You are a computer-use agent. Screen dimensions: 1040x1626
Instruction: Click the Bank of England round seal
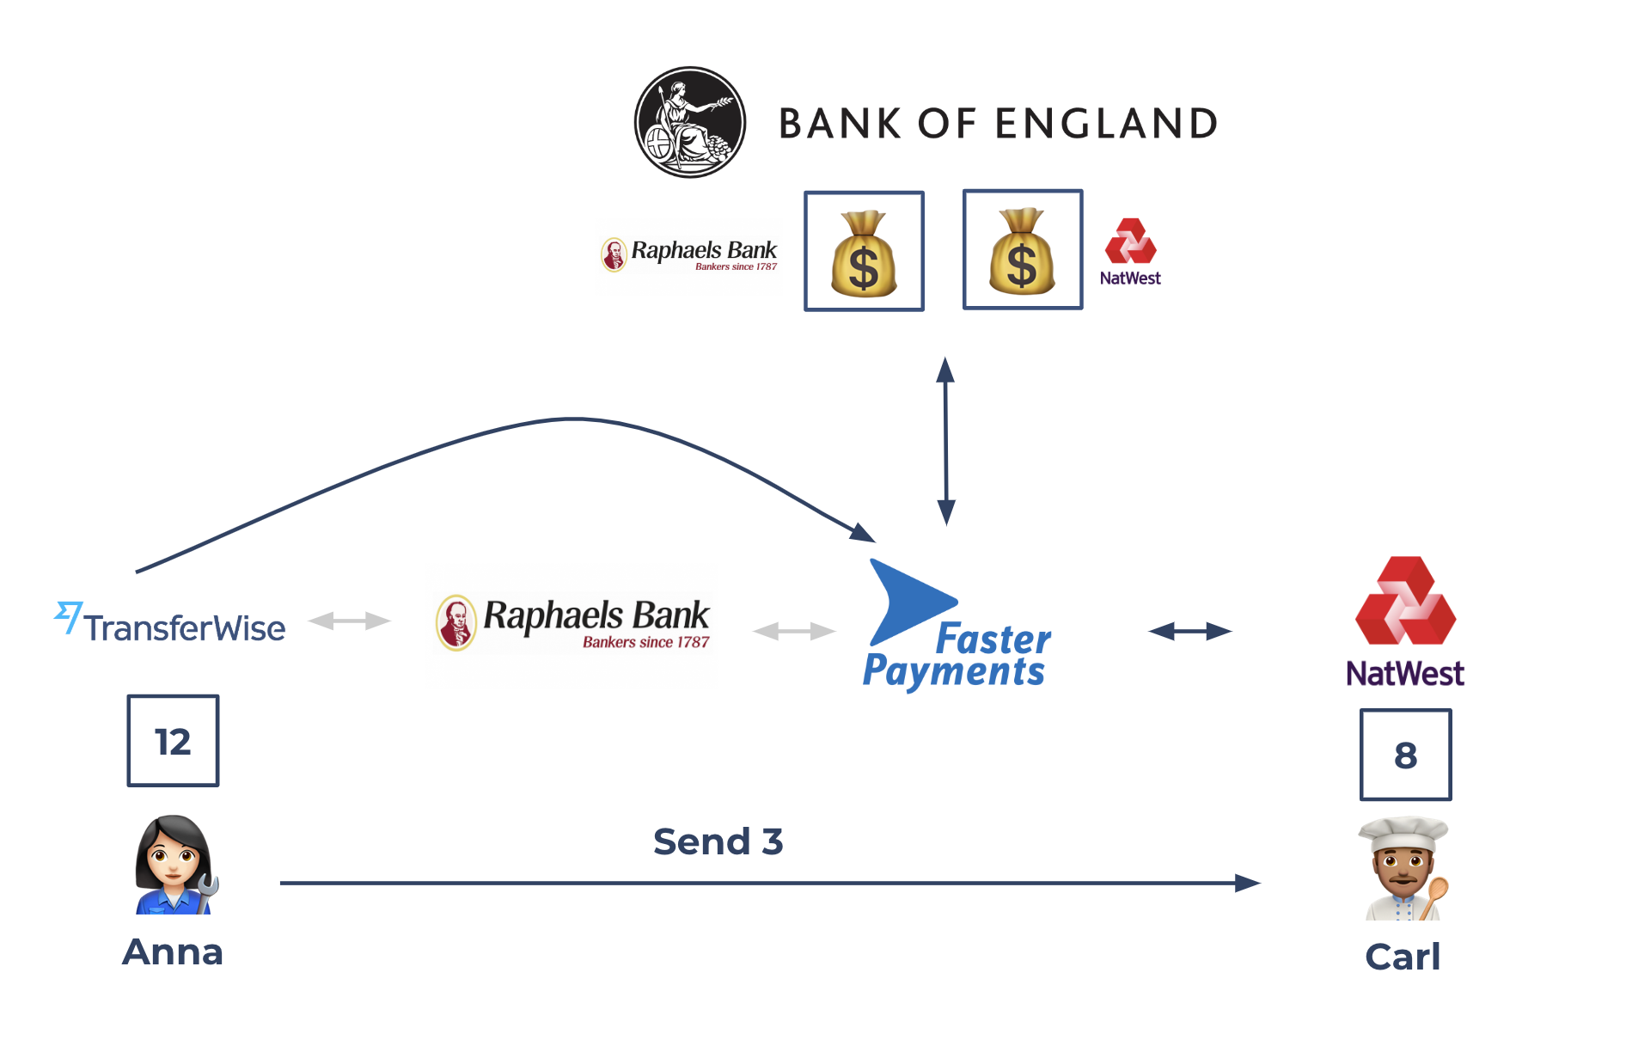tap(689, 122)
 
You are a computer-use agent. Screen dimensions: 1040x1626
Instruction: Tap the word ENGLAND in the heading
tap(1106, 124)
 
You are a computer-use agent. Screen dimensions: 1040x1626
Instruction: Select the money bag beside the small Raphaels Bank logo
tap(864, 251)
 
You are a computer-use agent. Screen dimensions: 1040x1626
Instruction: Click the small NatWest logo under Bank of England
tap(1130, 251)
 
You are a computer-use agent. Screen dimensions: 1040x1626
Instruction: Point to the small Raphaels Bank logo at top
tap(689, 254)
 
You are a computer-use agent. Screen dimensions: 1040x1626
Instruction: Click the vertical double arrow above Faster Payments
tap(945, 441)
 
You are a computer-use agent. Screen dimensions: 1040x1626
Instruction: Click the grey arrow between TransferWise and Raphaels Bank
tap(349, 621)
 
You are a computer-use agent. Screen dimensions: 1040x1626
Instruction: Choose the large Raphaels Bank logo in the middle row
tap(573, 622)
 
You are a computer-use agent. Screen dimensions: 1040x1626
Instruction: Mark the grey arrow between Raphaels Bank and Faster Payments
tap(793, 632)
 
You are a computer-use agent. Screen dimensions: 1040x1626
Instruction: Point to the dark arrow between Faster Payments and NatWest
tap(1189, 632)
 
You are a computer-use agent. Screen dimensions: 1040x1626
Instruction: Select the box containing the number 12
tap(173, 740)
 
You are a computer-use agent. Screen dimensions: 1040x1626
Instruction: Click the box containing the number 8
tap(1405, 755)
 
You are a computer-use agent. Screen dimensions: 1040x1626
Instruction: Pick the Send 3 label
tap(718, 841)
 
